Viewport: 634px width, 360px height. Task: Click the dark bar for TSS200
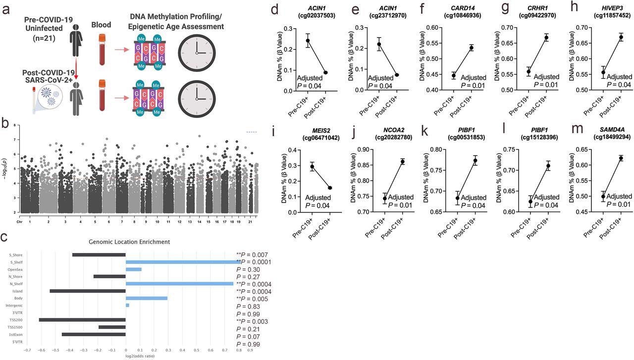coord(82,320)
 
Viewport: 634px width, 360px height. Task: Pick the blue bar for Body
coord(147,298)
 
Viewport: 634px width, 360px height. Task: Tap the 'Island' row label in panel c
coord(15,291)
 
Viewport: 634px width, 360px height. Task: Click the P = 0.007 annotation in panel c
coord(253,254)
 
